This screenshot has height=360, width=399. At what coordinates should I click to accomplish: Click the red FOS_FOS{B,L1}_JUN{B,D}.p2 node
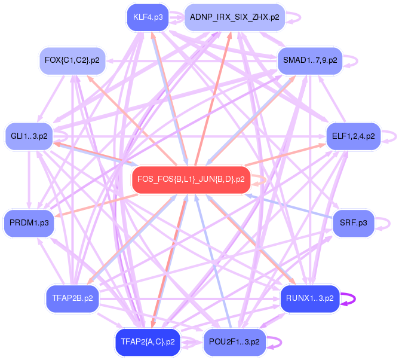(191, 179)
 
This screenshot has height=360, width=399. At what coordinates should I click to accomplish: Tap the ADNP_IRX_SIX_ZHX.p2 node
(234, 17)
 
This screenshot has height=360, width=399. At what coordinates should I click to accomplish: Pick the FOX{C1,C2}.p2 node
(72, 60)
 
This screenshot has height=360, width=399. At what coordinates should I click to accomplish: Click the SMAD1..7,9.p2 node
(310, 60)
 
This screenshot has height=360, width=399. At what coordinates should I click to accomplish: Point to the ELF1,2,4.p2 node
(353, 136)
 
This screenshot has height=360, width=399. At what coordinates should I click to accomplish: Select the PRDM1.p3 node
(29, 222)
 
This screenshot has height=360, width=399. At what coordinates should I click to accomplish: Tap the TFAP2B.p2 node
(72, 298)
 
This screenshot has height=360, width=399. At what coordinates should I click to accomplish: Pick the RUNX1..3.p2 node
(309, 298)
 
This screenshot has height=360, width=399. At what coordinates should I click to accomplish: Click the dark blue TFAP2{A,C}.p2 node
(148, 341)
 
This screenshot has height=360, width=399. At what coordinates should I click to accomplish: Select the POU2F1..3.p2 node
(234, 341)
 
